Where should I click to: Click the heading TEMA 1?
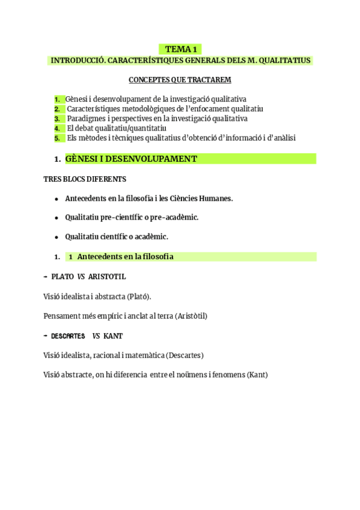point(180,49)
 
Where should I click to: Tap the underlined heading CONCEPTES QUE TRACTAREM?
point(180,80)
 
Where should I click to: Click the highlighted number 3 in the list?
point(56,118)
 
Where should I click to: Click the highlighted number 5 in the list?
point(56,138)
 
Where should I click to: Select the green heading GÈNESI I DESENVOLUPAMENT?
point(131,159)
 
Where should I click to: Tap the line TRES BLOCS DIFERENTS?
point(85,179)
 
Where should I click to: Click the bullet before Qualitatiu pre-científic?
point(56,218)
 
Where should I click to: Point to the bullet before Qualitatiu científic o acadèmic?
point(56,237)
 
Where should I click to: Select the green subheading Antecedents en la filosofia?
point(125,257)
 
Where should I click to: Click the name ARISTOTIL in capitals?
point(107,277)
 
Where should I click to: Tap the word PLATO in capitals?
point(63,277)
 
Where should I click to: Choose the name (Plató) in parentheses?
point(139,296)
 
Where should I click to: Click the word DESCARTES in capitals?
point(68,336)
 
